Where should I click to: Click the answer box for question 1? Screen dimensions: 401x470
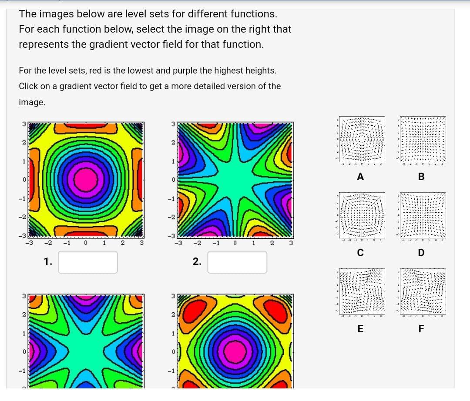tap(88, 262)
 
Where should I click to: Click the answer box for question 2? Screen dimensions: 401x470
tap(237, 262)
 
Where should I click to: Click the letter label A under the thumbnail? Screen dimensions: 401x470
tap(360, 177)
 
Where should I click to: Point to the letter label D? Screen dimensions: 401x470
tap(421, 253)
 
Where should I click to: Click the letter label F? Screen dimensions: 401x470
tap(421, 329)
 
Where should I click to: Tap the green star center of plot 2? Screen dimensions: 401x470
tap(235, 178)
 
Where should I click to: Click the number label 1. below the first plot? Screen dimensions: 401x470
tap(48, 262)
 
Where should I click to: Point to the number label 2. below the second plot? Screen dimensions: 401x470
tap(197, 262)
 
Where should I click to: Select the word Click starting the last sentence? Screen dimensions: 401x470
tap(28, 86)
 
